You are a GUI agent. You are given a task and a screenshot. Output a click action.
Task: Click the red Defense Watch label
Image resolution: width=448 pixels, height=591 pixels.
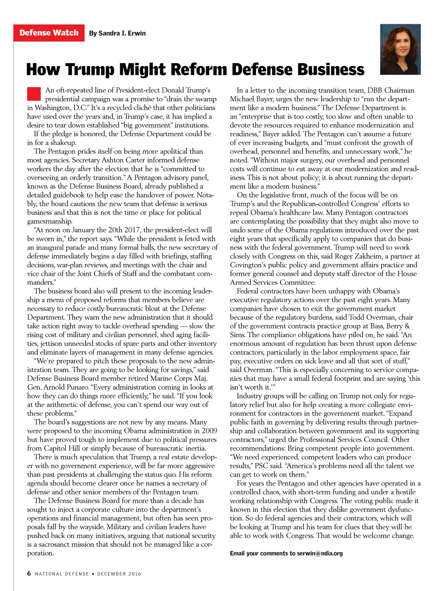pyautogui.click(x=49, y=33)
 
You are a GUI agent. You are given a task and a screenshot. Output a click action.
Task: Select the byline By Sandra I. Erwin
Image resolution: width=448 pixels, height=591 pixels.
pyautogui.click(x=117, y=33)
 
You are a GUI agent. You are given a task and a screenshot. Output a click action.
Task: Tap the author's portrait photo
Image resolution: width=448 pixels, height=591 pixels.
pyautogui.click(x=400, y=49)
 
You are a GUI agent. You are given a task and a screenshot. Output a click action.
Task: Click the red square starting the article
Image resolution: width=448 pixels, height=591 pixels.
pyautogui.click(x=34, y=94)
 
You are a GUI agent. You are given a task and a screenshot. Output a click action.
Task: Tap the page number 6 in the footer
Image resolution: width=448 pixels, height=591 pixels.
pyautogui.click(x=29, y=573)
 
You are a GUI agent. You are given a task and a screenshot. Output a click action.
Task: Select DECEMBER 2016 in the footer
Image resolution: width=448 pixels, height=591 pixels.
pyautogui.click(x=119, y=574)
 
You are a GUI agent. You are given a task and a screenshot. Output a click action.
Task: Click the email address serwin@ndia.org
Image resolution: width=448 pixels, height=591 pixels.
pyautogui.click(x=320, y=553)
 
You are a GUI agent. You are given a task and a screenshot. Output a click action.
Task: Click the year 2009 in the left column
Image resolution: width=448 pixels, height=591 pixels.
pyautogui.click(x=209, y=431)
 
